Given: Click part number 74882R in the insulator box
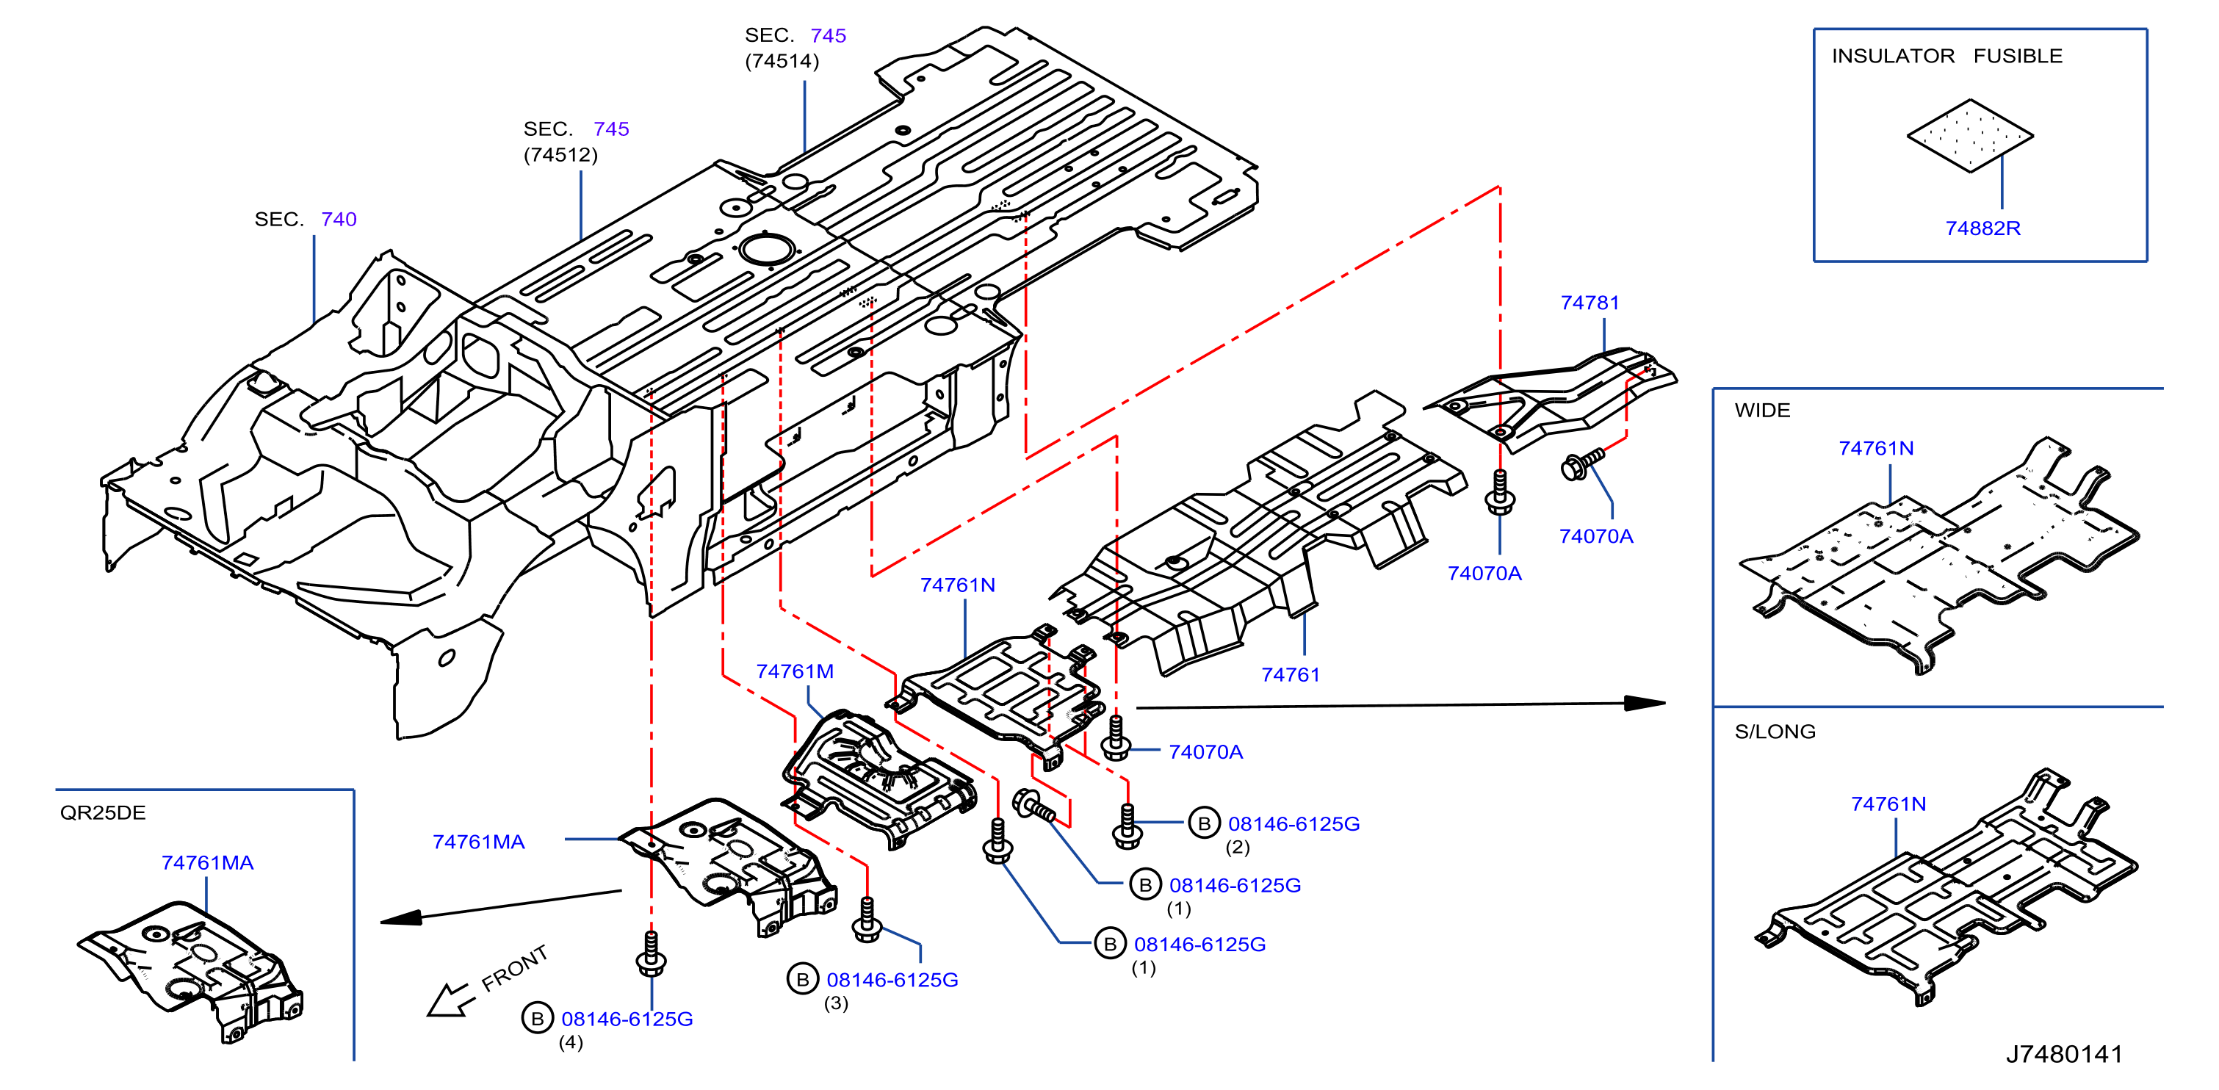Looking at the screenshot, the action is click(1982, 228).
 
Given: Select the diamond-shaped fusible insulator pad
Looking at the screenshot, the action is click(1970, 135).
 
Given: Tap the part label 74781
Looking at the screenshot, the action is click(1590, 303).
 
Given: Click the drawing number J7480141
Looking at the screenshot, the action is click(2063, 1053).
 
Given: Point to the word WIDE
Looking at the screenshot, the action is click(1761, 410).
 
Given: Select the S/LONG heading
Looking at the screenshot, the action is click(1775, 732).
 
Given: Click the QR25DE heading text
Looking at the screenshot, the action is click(103, 812).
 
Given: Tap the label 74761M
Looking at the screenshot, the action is click(794, 671).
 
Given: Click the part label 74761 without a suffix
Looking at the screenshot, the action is click(1290, 675).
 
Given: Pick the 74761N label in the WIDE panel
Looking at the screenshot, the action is click(1875, 448).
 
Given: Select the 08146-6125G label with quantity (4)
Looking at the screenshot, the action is click(627, 1019).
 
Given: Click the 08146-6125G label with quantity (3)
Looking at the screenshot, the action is click(892, 980).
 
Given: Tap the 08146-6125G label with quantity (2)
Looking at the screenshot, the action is click(1293, 824).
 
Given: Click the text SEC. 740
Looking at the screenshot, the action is click(305, 219).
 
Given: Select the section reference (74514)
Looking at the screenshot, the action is click(782, 61).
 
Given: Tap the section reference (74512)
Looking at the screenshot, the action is click(560, 155).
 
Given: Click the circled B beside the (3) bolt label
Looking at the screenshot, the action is click(802, 979).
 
